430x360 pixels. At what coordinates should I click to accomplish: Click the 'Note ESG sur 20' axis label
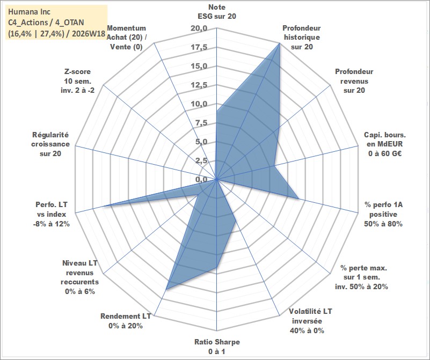pos(217,11)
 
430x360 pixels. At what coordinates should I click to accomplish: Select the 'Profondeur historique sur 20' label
pos(302,37)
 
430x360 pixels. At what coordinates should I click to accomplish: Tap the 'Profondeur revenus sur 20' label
pos(354,81)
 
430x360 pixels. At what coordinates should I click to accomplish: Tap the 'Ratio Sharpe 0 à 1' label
pos(217,346)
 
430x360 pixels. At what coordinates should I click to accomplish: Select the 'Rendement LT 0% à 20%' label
pos(126,321)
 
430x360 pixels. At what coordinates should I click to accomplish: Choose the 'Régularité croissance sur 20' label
pos(50,144)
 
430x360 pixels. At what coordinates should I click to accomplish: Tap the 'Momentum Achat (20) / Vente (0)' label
pos(126,37)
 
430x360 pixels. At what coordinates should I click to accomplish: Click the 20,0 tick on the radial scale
pos(199,28)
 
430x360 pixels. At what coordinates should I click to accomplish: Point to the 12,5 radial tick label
pos(199,85)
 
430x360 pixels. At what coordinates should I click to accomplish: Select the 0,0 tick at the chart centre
pos(201,179)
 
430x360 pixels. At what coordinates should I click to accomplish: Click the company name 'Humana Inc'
pos(29,12)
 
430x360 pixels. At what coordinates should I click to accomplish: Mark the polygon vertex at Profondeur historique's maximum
pos(280,43)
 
